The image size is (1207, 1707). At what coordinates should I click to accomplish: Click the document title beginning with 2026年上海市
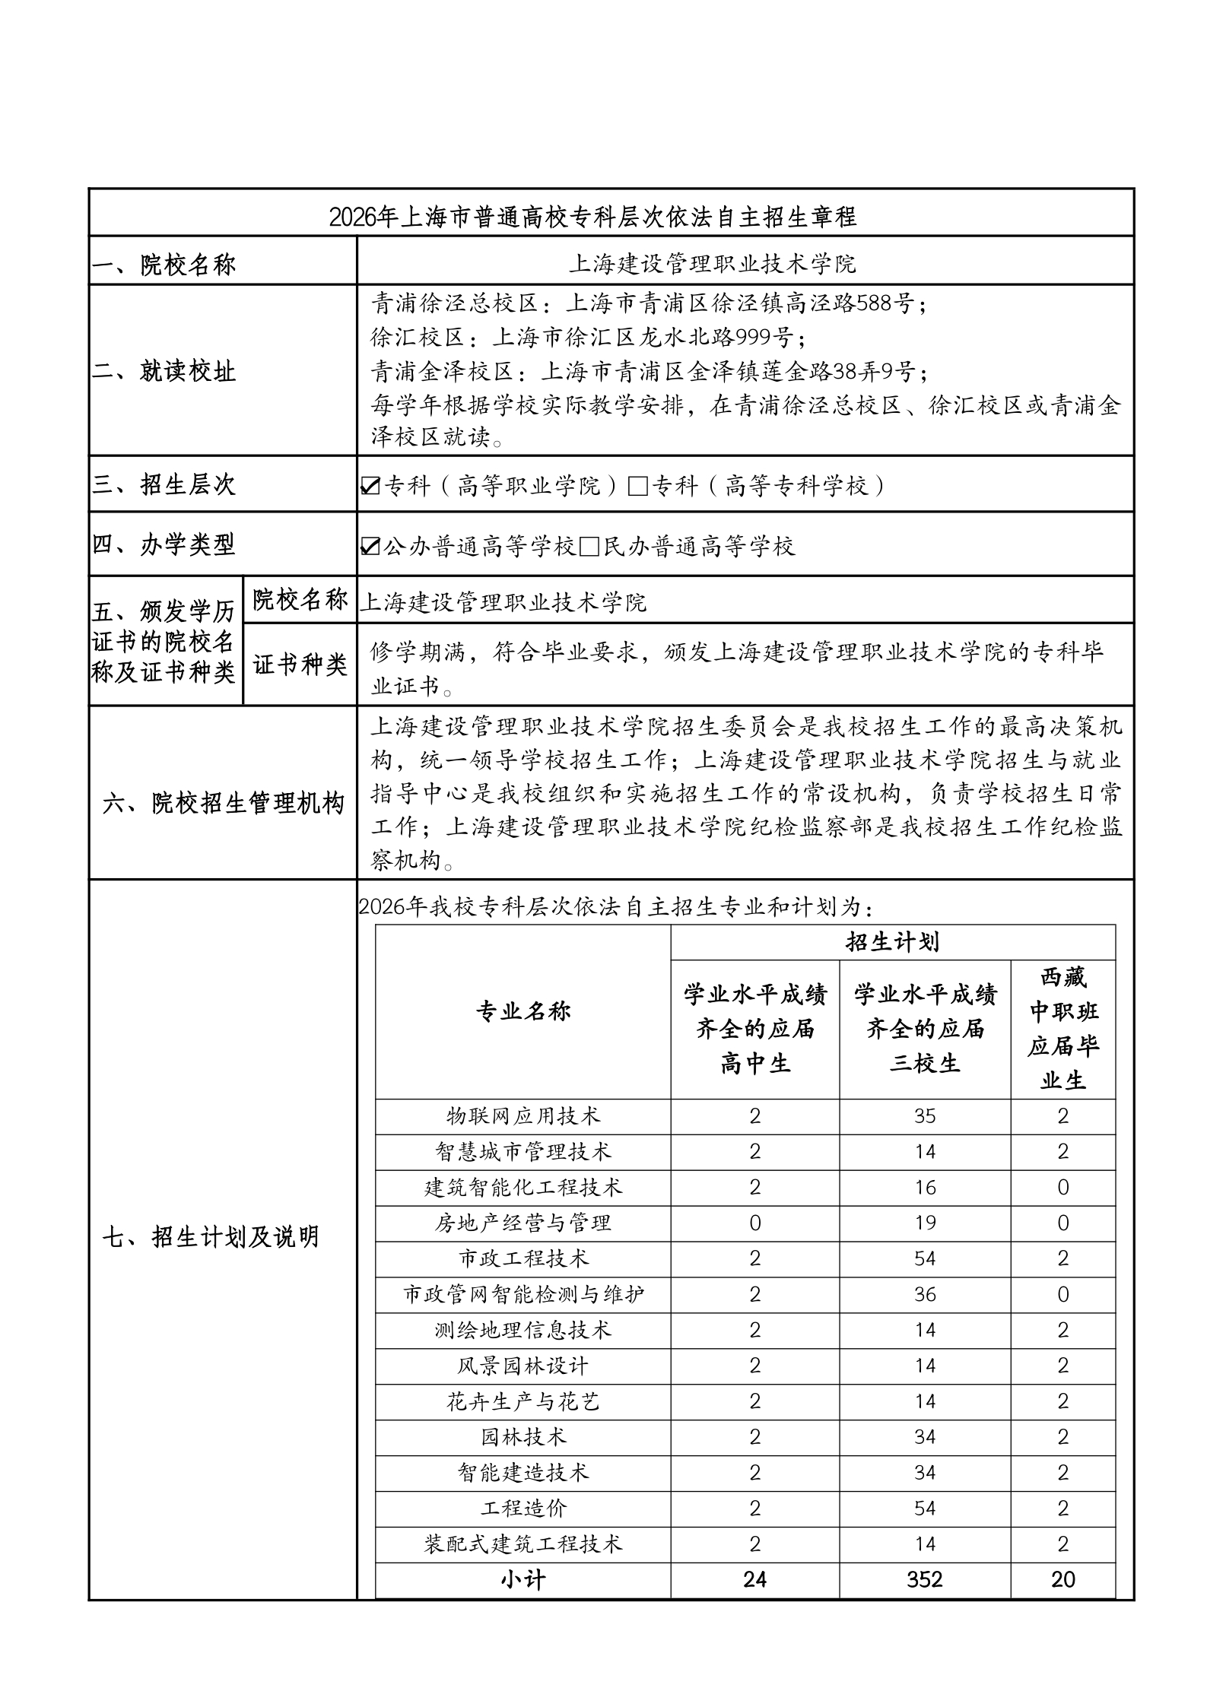pyautogui.click(x=592, y=217)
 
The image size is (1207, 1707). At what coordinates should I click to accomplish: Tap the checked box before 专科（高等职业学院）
pyautogui.click(x=370, y=485)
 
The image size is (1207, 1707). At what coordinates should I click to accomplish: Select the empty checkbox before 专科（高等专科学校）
pyautogui.click(x=637, y=486)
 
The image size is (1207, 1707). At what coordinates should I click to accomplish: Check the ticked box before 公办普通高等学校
pyautogui.click(x=370, y=546)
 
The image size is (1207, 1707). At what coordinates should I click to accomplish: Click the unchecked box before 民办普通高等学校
pyautogui.click(x=589, y=547)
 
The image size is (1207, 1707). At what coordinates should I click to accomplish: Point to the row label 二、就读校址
pyautogui.click(x=164, y=371)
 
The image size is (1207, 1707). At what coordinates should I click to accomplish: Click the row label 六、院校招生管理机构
pyautogui.click(x=223, y=803)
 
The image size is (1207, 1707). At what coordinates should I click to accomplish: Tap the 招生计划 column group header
pyautogui.click(x=892, y=943)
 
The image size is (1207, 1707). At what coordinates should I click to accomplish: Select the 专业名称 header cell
pyautogui.click(x=523, y=1011)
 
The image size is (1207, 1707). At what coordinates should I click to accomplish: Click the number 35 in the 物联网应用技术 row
pyautogui.click(x=925, y=1116)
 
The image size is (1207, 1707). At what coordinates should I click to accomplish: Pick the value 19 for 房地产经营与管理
pyautogui.click(x=925, y=1223)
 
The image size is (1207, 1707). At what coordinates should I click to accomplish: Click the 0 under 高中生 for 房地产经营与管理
pyautogui.click(x=754, y=1223)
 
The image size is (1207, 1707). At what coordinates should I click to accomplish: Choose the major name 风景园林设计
pyautogui.click(x=523, y=1366)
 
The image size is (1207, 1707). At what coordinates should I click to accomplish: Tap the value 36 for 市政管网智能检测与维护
pyautogui.click(x=925, y=1295)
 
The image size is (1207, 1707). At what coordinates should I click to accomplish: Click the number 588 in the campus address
pyautogui.click(x=875, y=303)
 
